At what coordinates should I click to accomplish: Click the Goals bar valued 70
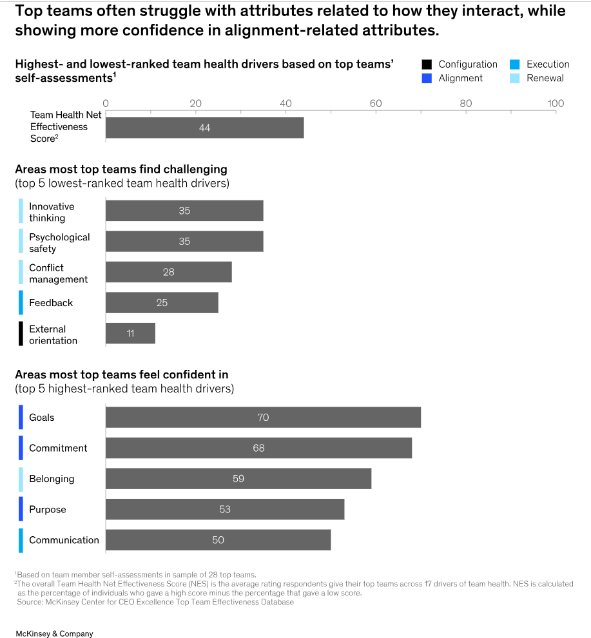263,418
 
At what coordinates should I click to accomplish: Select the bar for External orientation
130,333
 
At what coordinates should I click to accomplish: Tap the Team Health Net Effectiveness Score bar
204,128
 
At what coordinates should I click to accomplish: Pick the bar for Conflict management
168,272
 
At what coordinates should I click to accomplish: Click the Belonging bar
238,479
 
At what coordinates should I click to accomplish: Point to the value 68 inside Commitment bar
258,448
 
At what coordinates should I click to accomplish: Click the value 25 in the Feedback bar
162,302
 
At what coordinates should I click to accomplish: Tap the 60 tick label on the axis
376,104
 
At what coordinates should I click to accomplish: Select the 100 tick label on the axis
556,104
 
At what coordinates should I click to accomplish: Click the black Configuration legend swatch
427,64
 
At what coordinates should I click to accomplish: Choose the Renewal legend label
545,78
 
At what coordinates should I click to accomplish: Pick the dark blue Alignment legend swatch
427,78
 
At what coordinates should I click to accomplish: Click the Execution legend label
548,64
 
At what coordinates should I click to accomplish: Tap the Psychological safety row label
59,243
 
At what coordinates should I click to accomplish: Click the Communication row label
64,540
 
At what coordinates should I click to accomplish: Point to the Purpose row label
48,509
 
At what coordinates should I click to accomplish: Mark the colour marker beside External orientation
21,334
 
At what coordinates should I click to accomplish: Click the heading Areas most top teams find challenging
121,169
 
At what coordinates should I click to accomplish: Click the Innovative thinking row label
52,212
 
